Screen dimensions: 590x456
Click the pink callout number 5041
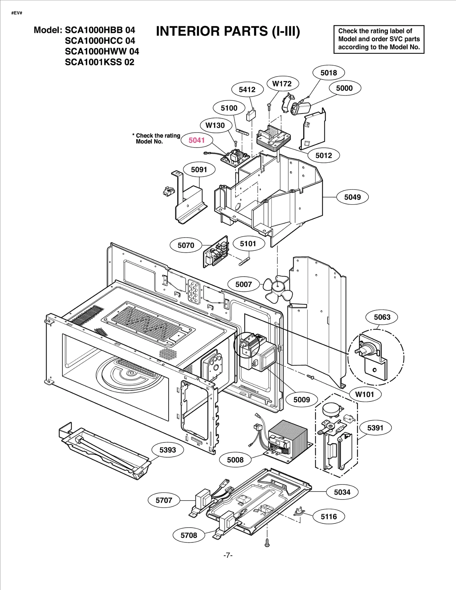[x=197, y=140]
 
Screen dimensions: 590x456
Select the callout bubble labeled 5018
[x=329, y=73]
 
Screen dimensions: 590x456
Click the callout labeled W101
[x=364, y=394]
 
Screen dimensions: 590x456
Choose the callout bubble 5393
[x=168, y=450]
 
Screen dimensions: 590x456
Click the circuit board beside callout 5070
[x=216, y=252]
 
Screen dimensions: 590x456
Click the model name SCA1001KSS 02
[x=99, y=62]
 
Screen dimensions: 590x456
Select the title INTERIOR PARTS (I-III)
[x=228, y=31]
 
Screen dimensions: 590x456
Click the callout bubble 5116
[x=329, y=517]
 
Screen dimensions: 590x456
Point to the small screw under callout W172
[x=269, y=106]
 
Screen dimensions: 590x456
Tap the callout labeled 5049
[x=352, y=197]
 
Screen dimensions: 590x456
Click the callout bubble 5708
[x=189, y=535]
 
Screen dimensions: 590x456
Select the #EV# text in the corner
[x=17, y=13]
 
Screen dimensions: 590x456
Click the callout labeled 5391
[x=375, y=428]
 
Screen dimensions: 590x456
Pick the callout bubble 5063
[x=382, y=317]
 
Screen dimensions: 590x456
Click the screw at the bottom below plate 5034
[x=267, y=542]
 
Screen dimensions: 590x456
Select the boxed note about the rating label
[x=379, y=39]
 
